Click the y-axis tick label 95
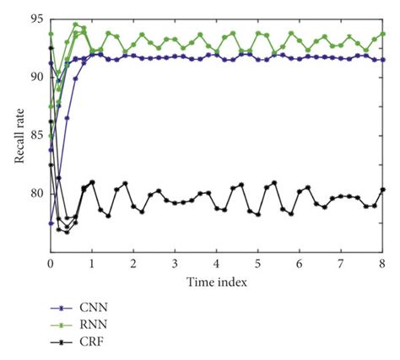point(37,18)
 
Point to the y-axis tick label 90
point(37,77)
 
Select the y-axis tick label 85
point(37,135)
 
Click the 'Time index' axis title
point(217,282)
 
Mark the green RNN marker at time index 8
point(382,35)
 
